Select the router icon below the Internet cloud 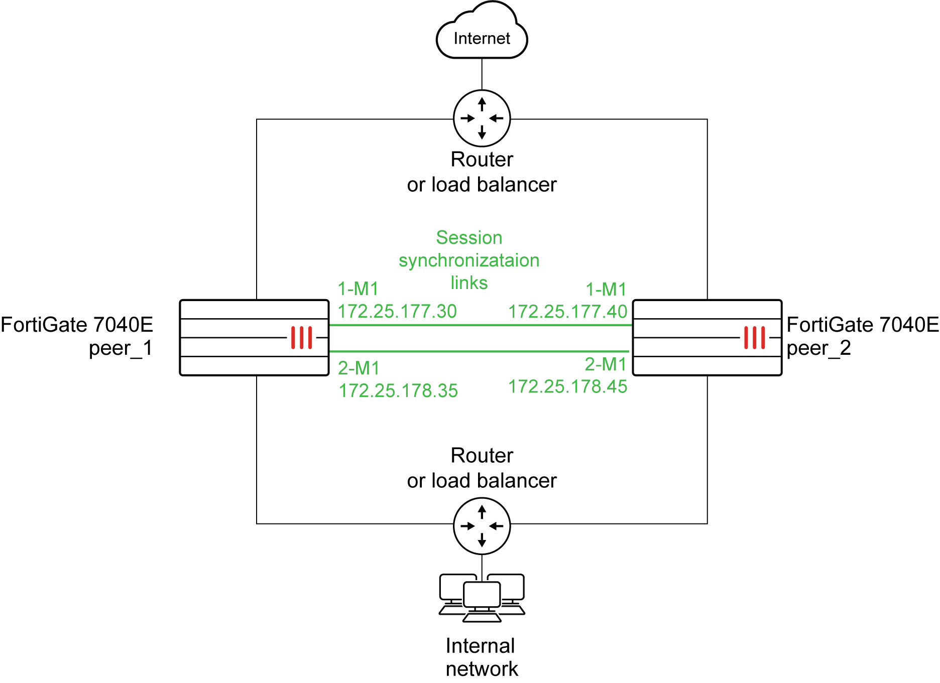click(482, 118)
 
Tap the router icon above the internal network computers click(482, 525)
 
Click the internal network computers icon click(482, 598)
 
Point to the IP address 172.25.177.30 click(397, 312)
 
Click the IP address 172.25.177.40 click(567, 312)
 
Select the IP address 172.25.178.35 click(398, 390)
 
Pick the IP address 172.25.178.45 click(567, 386)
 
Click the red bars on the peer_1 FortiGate click(301, 337)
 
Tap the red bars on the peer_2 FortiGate click(754, 337)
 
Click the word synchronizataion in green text click(469, 260)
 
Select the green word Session click(469, 237)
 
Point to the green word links click(469, 283)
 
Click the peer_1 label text click(121, 348)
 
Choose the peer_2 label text click(818, 348)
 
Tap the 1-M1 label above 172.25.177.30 click(358, 289)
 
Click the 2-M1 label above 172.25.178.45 click(606, 364)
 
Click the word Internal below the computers click(480, 646)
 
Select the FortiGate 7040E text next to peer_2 click(862, 325)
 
